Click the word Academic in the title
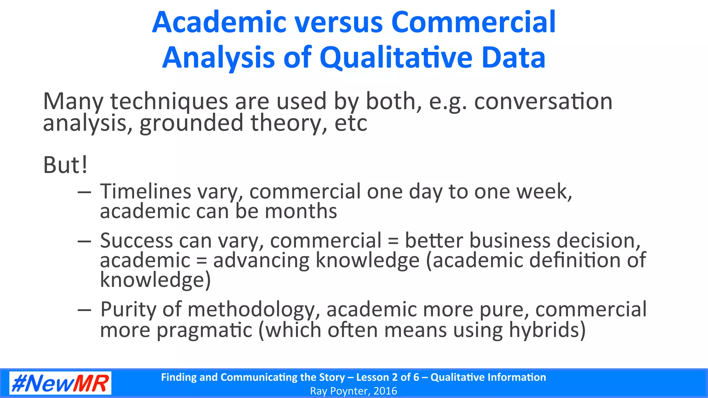219,22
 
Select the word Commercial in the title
473,22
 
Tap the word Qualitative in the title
396,58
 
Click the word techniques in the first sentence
169,102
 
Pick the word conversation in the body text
543,102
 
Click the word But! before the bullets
65,165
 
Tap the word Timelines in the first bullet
146,191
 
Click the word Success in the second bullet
137,240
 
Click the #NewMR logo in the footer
60,383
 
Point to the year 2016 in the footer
385,391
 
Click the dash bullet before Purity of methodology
84,310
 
